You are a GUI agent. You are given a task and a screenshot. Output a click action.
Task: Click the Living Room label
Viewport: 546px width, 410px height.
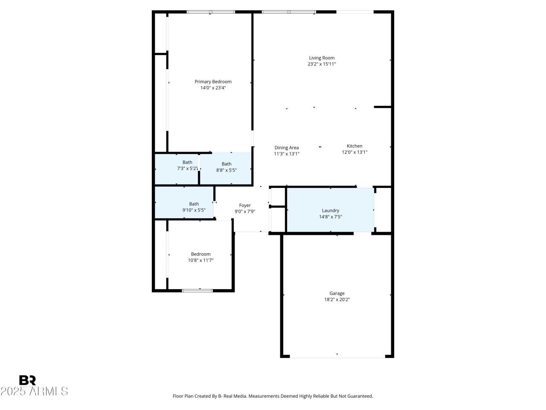[322, 58]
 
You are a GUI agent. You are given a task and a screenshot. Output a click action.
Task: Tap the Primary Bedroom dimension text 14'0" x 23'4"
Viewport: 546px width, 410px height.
[213, 88]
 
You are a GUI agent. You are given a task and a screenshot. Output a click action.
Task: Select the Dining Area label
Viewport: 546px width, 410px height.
[287, 148]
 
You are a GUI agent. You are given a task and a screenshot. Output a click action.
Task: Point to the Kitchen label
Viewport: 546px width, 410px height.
[354, 146]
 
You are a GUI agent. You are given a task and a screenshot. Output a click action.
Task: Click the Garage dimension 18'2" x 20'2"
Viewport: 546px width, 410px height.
[337, 299]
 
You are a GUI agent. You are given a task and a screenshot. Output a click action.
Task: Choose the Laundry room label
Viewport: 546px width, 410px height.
[330, 211]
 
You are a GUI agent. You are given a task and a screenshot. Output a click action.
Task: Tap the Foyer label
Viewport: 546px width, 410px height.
[245, 205]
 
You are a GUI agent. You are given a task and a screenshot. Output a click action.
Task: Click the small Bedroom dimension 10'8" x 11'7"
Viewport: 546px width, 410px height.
[201, 261]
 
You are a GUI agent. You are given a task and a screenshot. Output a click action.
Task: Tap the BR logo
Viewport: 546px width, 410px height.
[27, 380]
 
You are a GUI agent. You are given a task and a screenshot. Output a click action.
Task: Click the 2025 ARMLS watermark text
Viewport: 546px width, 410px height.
[34, 391]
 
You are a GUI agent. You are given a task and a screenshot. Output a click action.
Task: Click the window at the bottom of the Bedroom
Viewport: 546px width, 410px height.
[197, 291]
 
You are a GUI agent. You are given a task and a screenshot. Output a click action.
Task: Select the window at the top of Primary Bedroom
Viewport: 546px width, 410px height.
[211, 12]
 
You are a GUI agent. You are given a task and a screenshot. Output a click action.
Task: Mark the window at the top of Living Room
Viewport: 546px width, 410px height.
[288, 12]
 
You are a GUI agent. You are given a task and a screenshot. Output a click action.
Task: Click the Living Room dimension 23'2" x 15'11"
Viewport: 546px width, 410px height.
[322, 64]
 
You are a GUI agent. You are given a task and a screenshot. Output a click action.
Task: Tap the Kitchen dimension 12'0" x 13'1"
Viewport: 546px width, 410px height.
[354, 152]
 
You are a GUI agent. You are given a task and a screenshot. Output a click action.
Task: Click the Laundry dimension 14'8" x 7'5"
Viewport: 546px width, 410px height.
[330, 217]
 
